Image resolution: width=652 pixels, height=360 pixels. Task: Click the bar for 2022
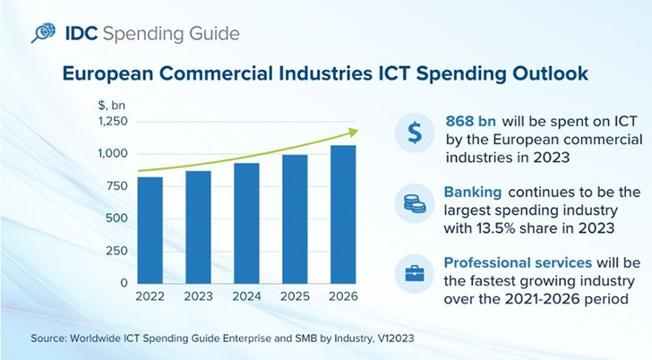150,230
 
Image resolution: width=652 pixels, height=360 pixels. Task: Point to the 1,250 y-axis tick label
113,122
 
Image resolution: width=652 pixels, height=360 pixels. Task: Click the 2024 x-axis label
247,296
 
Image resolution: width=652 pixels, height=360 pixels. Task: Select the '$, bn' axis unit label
112,106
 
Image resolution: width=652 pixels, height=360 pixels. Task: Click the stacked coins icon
415,204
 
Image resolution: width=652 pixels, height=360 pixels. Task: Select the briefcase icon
415,272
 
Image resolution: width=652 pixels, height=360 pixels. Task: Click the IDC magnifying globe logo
43,34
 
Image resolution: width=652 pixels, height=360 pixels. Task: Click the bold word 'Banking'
473,193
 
